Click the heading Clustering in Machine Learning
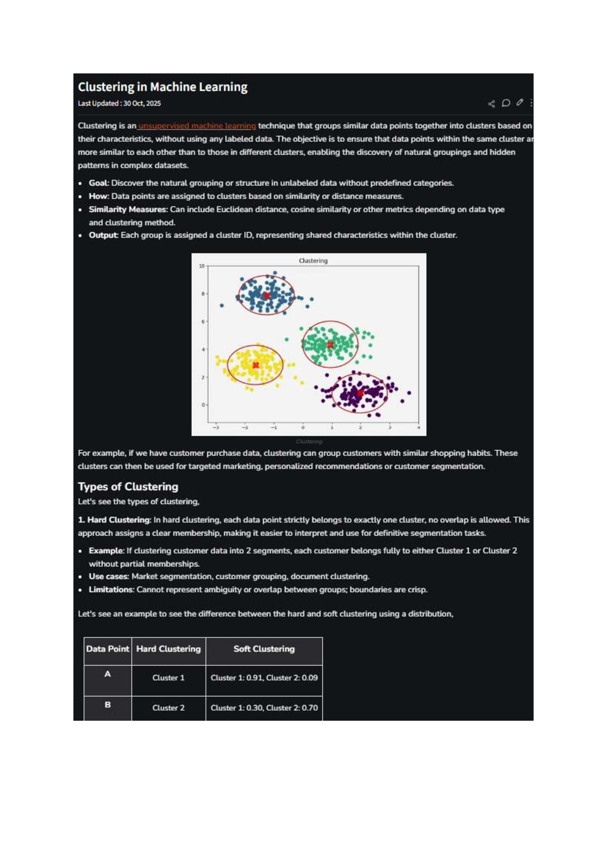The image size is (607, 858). (x=162, y=87)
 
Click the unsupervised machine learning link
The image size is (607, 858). (x=197, y=125)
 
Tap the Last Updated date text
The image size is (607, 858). (x=119, y=103)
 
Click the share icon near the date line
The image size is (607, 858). (x=491, y=104)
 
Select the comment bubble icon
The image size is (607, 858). (x=505, y=103)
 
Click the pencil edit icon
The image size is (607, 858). (x=519, y=103)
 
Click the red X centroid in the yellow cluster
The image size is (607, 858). (x=255, y=365)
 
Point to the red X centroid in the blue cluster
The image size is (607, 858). (x=267, y=295)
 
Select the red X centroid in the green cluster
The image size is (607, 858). (x=330, y=345)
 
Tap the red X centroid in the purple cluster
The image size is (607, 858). (x=360, y=393)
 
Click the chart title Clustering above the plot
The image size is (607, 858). (x=313, y=261)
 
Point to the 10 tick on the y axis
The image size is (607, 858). (x=202, y=266)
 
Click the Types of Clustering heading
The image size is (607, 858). (x=128, y=487)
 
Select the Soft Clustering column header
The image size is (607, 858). (x=264, y=649)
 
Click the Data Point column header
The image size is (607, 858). (x=108, y=649)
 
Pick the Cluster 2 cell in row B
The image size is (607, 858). (x=168, y=708)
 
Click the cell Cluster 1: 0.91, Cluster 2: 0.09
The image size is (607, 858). (x=264, y=677)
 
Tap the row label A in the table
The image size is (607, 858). (x=107, y=674)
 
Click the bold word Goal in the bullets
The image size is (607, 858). (x=98, y=183)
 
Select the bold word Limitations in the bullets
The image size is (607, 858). (x=111, y=589)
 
